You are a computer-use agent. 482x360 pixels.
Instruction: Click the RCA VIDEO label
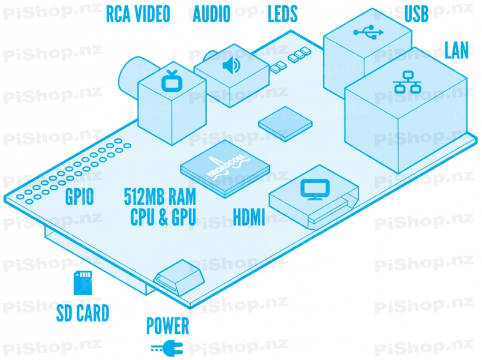click(138, 13)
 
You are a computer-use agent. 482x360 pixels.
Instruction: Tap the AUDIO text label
click(211, 13)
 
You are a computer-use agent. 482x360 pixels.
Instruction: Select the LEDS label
click(282, 13)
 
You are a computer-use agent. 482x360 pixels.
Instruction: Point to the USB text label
click(417, 13)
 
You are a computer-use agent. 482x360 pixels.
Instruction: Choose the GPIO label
click(79, 197)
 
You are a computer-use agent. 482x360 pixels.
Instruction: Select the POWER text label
click(168, 327)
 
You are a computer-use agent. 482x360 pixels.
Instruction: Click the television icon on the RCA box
click(173, 79)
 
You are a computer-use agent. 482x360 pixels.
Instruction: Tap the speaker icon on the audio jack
click(230, 64)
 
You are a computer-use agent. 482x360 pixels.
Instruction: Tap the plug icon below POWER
click(164, 347)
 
